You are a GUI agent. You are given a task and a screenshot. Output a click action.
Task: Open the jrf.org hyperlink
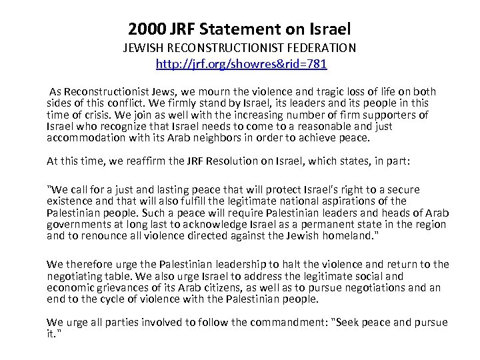coord(241,65)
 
